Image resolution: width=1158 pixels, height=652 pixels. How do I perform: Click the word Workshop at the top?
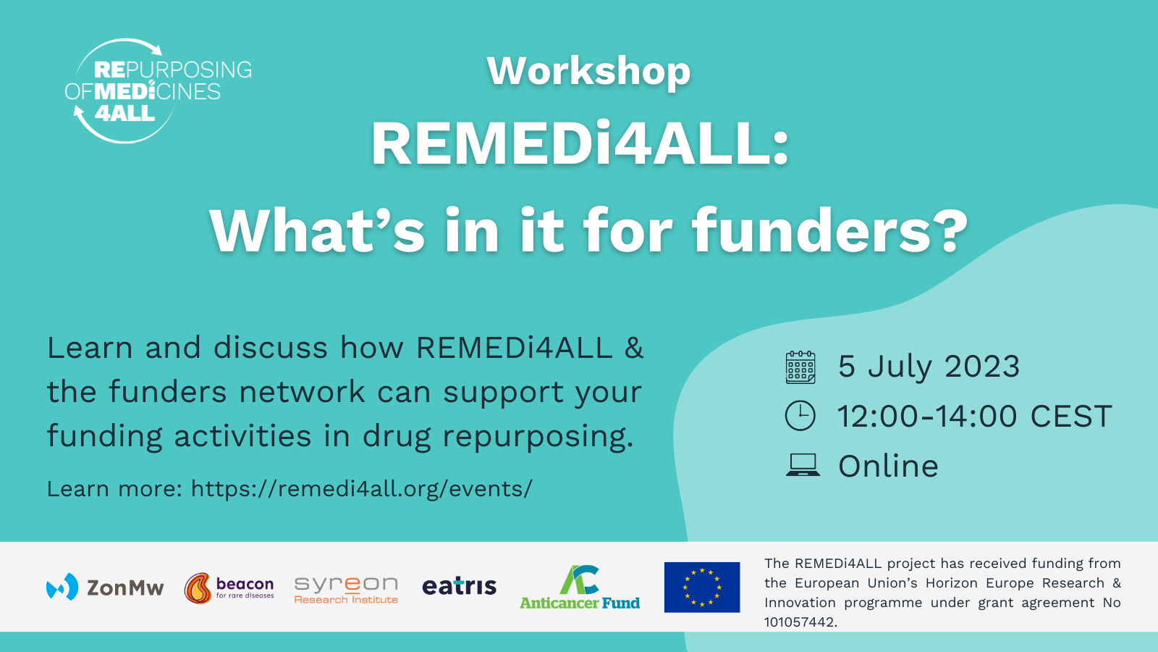pos(588,72)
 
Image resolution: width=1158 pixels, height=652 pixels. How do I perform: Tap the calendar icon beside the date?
pos(800,367)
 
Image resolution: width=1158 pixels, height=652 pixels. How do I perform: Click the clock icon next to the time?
pos(800,416)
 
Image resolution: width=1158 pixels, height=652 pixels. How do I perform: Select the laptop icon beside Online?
pos(803,464)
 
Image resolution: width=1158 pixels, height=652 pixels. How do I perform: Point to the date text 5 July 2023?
pos(929,367)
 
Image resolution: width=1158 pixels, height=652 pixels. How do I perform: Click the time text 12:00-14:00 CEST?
pos(974,416)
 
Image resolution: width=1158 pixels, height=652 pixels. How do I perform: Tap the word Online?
pos(888,466)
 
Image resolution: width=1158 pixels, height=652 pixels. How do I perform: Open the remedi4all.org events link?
pos(361,488)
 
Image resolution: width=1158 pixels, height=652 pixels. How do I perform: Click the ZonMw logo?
pos(105,588)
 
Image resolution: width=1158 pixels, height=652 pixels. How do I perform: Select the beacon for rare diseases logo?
pos(229,588)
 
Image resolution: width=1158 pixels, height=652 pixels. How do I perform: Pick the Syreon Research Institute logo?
pos(346,590)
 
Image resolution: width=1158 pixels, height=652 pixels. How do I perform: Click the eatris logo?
pos(459,586)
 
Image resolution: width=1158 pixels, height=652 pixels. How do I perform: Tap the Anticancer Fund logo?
pos(580,588)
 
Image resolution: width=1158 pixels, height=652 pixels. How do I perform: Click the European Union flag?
pos(701,588)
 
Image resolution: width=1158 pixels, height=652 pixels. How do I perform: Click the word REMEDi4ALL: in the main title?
pos(580,144)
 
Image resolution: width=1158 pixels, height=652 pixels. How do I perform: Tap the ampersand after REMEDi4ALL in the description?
pos(634,347)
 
